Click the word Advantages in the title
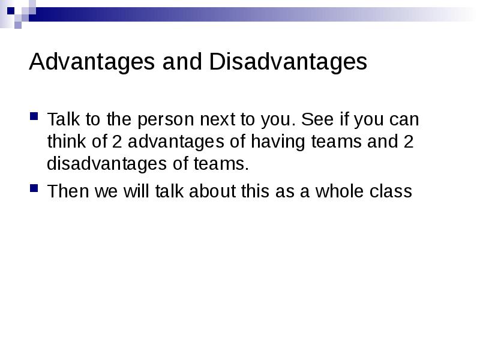92,62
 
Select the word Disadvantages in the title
288,61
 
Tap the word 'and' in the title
182,61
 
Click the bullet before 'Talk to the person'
34,116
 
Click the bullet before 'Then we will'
34,188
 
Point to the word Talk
64,119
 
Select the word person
166,119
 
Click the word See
317,119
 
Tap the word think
67,141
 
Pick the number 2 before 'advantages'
117,142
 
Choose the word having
278,142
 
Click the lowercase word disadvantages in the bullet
107,163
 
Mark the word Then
68,191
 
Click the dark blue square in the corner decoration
11,11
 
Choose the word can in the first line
404,119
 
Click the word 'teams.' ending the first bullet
221,164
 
